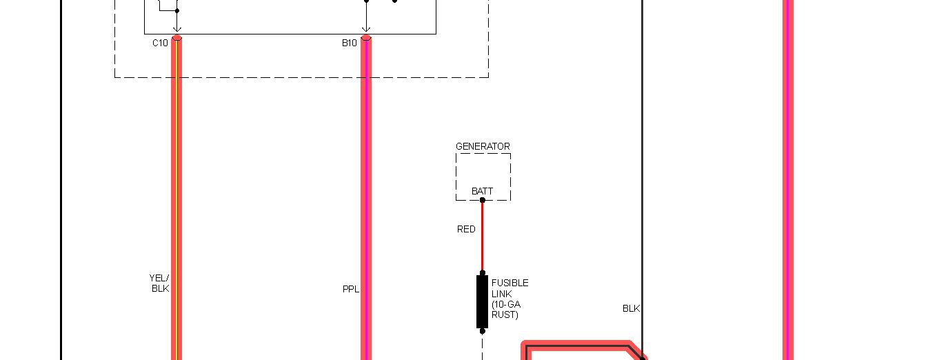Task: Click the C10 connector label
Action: [160, 43]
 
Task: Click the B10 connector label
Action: [350, 43]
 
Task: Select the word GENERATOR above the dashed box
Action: [483, 146]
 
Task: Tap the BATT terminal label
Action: [482, 191]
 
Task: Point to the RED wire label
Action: [466, 229]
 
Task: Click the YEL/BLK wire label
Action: [159, 283]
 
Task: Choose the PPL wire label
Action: [351, 289]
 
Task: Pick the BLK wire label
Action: [631, 308]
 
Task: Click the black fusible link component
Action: [482, 301]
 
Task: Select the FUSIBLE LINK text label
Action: [510, 299]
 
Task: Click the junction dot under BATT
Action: [482, 200]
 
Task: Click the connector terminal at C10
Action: [177, 37]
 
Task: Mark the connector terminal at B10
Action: [366, 37]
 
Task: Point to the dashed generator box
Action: [483, 176]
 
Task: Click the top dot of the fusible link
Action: [482, 273]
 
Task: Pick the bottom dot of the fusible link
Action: [482, 331]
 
